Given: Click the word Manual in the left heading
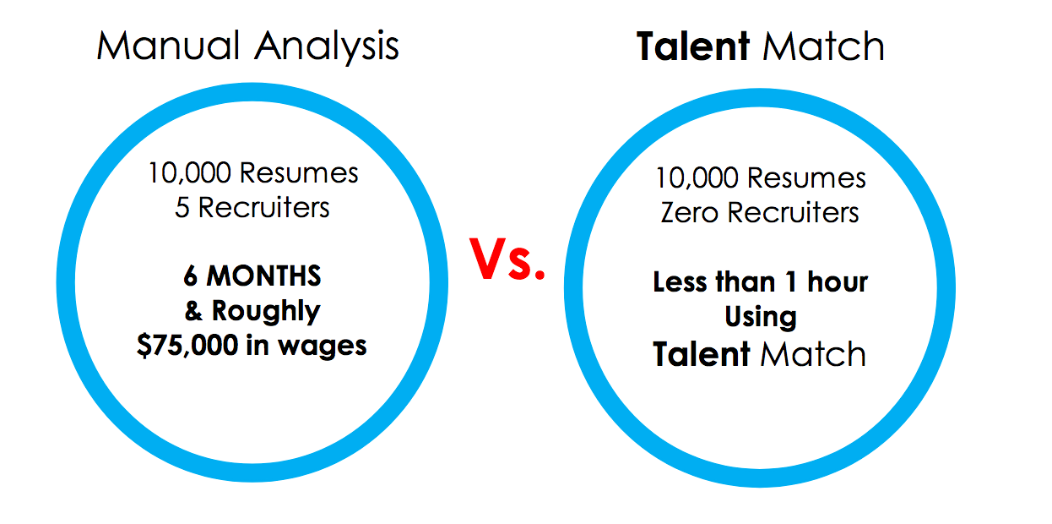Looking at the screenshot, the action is pos(168,46).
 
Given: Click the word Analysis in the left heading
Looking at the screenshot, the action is pos(327,47).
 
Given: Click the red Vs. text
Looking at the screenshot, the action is pos(507,259).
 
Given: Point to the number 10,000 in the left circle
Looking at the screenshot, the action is pos(190,173).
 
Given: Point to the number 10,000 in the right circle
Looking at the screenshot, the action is pos(697,178).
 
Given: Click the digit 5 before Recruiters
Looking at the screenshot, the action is pos(182,208).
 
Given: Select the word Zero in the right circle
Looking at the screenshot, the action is pos(690,212).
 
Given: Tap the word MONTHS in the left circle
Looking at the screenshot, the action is pos(264,276).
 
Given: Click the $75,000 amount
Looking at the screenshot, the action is pos(187,346).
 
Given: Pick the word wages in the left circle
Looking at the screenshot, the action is pos(323,347).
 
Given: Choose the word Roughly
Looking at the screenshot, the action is pos(266,312).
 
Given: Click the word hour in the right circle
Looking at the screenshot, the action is pos(838,282).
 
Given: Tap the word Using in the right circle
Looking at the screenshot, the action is pos(761,317).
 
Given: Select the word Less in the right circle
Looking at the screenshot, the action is pos(680,282).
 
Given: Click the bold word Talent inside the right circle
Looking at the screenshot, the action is pos(701,354).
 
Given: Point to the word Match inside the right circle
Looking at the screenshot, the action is pos(814,354).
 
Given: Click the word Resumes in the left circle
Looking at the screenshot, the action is pos(299,173).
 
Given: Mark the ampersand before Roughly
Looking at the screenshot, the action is pos(193,311).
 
